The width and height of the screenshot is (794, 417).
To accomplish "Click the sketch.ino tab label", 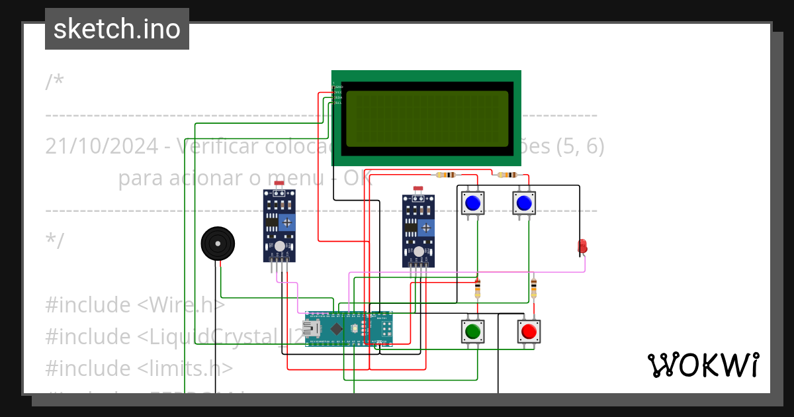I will pos(117,29).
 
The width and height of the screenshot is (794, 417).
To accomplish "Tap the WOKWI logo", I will pos(703,365).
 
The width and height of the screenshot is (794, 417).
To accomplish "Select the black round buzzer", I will pos(218,244).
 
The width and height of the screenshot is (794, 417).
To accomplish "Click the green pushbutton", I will pos(472,331).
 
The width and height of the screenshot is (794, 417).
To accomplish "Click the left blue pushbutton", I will pos(472,203).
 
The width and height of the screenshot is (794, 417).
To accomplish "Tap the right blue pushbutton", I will pos(524,203).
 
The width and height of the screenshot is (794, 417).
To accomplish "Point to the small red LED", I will pos(582,247).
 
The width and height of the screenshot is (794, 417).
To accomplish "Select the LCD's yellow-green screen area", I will pos(427,118).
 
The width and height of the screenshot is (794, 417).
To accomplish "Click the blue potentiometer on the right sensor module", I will pos(427,228).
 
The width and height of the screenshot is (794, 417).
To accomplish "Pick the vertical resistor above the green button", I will pos(478,289).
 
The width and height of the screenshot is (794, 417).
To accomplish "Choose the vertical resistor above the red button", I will pos(534,289).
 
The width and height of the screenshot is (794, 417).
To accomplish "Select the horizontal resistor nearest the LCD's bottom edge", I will pos(446,175).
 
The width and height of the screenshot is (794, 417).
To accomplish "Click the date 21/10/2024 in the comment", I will pos(102,146).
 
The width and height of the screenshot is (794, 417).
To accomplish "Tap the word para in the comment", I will pos(140,178).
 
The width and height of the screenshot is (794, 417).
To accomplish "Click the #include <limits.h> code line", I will pos(139,368).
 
